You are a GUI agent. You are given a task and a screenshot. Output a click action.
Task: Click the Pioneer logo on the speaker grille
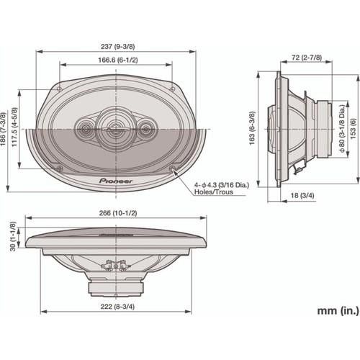click(115, 174)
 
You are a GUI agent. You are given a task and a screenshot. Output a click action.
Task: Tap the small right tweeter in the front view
click(146, 130)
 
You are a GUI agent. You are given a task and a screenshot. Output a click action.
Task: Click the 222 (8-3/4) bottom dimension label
click(115, 307)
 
